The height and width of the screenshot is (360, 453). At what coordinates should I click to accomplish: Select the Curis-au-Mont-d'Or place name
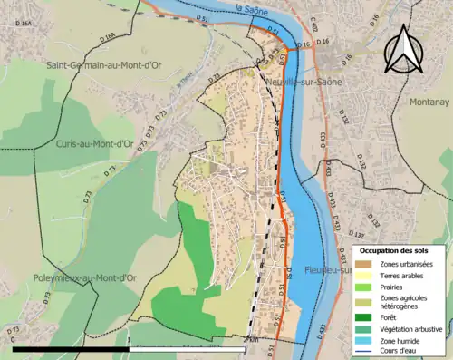[x=94, y=144]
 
